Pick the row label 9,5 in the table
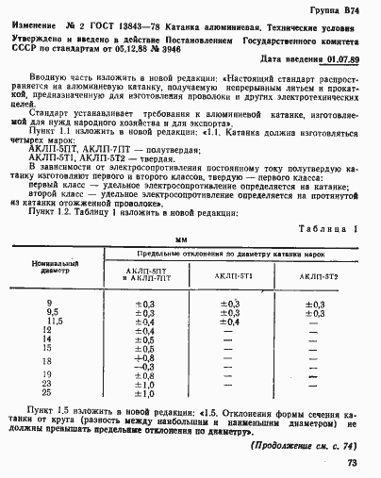coord(53,312)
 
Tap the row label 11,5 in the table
coord(53,321)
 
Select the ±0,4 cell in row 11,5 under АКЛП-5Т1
coord(230,321)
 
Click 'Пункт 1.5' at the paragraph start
coord(55,412)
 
